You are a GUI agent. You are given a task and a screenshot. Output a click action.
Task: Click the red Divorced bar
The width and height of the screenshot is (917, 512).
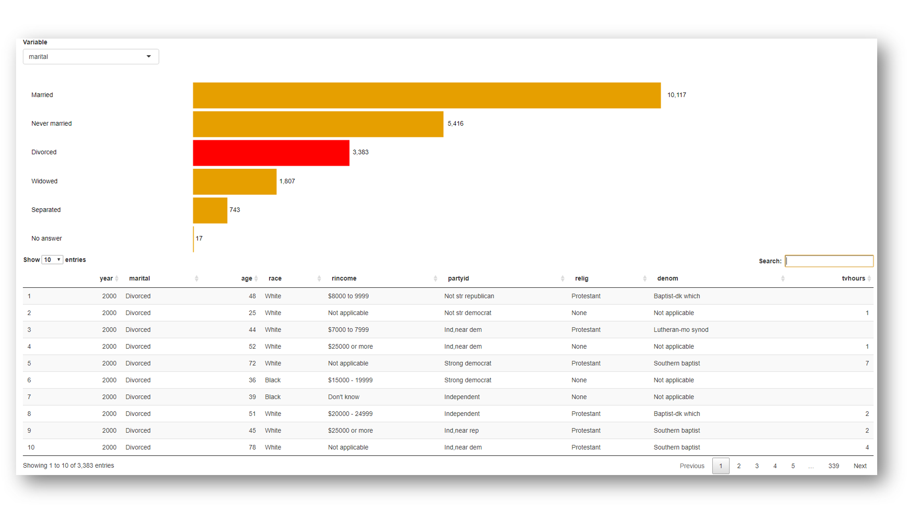coord(271,153)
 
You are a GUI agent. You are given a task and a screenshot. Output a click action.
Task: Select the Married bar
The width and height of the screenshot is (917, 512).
coord(426,95)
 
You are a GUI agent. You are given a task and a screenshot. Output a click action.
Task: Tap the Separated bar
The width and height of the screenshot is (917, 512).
coord(210,210)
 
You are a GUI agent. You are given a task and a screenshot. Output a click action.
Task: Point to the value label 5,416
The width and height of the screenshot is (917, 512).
coord(455,124)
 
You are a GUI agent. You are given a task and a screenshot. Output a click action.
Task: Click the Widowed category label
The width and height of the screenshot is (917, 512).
coord(44,181)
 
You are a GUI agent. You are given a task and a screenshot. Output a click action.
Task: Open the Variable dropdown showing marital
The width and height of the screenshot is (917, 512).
coord(90,57)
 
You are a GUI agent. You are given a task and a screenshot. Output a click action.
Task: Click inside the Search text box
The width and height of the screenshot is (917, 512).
coord(829,261)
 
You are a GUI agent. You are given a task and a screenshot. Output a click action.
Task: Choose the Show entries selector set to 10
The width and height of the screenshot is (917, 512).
coord(52,260)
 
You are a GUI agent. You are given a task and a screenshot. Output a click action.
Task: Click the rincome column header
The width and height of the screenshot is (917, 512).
coord(344,279)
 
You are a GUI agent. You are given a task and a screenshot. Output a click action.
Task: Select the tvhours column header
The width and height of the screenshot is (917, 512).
coord(853,279)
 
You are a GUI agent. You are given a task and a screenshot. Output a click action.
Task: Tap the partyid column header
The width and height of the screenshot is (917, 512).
coord(458,279)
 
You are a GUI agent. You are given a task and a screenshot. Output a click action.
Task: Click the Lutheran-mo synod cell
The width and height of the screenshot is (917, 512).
coord(681,330)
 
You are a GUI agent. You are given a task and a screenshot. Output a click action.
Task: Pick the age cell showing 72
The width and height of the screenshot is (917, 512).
coord(252,363)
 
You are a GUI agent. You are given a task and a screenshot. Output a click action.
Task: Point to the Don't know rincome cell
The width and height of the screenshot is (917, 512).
coord(343,397)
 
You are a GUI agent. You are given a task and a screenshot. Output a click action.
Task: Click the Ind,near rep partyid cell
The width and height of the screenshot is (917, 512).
coord(461,430)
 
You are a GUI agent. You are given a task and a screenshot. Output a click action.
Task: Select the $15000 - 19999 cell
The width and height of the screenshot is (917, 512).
coord(350,380)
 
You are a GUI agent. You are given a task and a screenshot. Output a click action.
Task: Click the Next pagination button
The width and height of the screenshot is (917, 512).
coord(859,466)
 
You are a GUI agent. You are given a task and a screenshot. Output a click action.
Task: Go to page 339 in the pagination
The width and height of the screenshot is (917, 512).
coord(833,466)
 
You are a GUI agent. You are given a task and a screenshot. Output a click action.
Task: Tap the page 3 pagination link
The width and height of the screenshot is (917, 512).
coord(757,466)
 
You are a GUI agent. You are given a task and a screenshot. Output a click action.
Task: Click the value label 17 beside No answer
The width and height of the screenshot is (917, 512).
coord(199,239)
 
